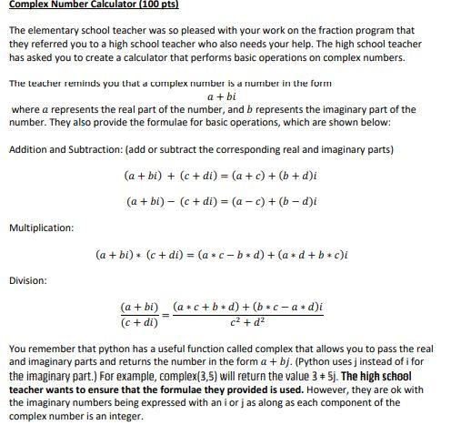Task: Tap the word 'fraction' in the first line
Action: (337, 30)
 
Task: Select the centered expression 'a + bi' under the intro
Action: (222, 96)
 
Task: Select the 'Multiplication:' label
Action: (41, 228)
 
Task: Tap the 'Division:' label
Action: (27, 281)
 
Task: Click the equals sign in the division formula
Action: (165, 315)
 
